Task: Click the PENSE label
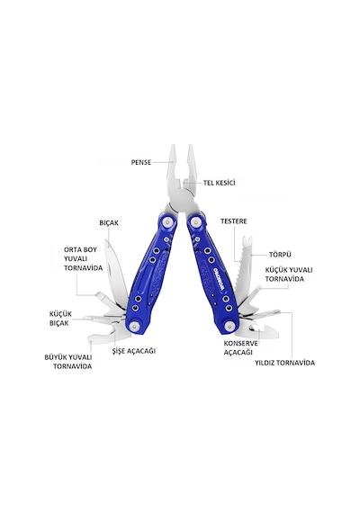click(x=141, y=162)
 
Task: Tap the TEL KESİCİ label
click(x=219, y=183)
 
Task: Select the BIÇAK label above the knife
click(x=109, y=223)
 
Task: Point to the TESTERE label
click(x=234, y=221)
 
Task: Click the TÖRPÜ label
click(x=280, y=255)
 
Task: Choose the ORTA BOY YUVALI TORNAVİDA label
click(x=83, y=259)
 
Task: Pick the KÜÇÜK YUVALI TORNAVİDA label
click(x=289, y=274)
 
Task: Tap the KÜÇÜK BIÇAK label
click(x=60, y=319)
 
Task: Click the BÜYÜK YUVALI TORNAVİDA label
click(x=68, y=362)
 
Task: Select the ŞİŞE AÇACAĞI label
click(x=134, y=351)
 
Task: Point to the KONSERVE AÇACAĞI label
click(x=240, y=347)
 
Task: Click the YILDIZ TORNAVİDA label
click(x=284, y=363)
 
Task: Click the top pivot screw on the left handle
click(x=168, y=222)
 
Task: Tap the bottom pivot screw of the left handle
click(x=134, y=326)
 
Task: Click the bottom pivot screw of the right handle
click(x=230, y=326)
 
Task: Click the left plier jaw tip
click(x=173, y=146)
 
